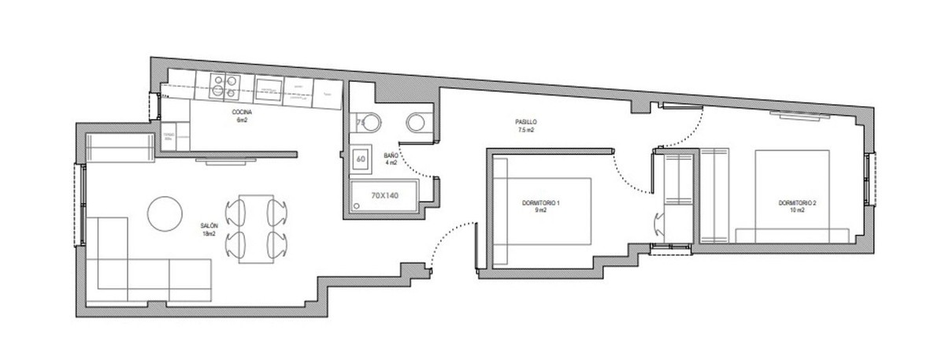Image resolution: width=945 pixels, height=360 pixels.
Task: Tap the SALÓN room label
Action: pyautogui.click(x=209, y=229)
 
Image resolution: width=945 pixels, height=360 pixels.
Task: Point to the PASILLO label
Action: pyautogui.click(x=526, y=124)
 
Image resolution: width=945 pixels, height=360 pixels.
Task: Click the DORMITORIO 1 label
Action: pyautogui.click(x=540, y=207)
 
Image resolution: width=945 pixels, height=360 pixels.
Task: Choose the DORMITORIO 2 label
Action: pyautogui.click(x=797, y=206)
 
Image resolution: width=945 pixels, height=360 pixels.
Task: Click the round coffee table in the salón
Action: pyautogui.click(x=165, y=213)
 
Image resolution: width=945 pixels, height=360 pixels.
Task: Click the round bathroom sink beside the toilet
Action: pyautogui.click(x=417, y=123)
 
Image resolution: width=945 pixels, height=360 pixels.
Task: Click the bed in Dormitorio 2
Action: pyautogui.click(x=791, y=197)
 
